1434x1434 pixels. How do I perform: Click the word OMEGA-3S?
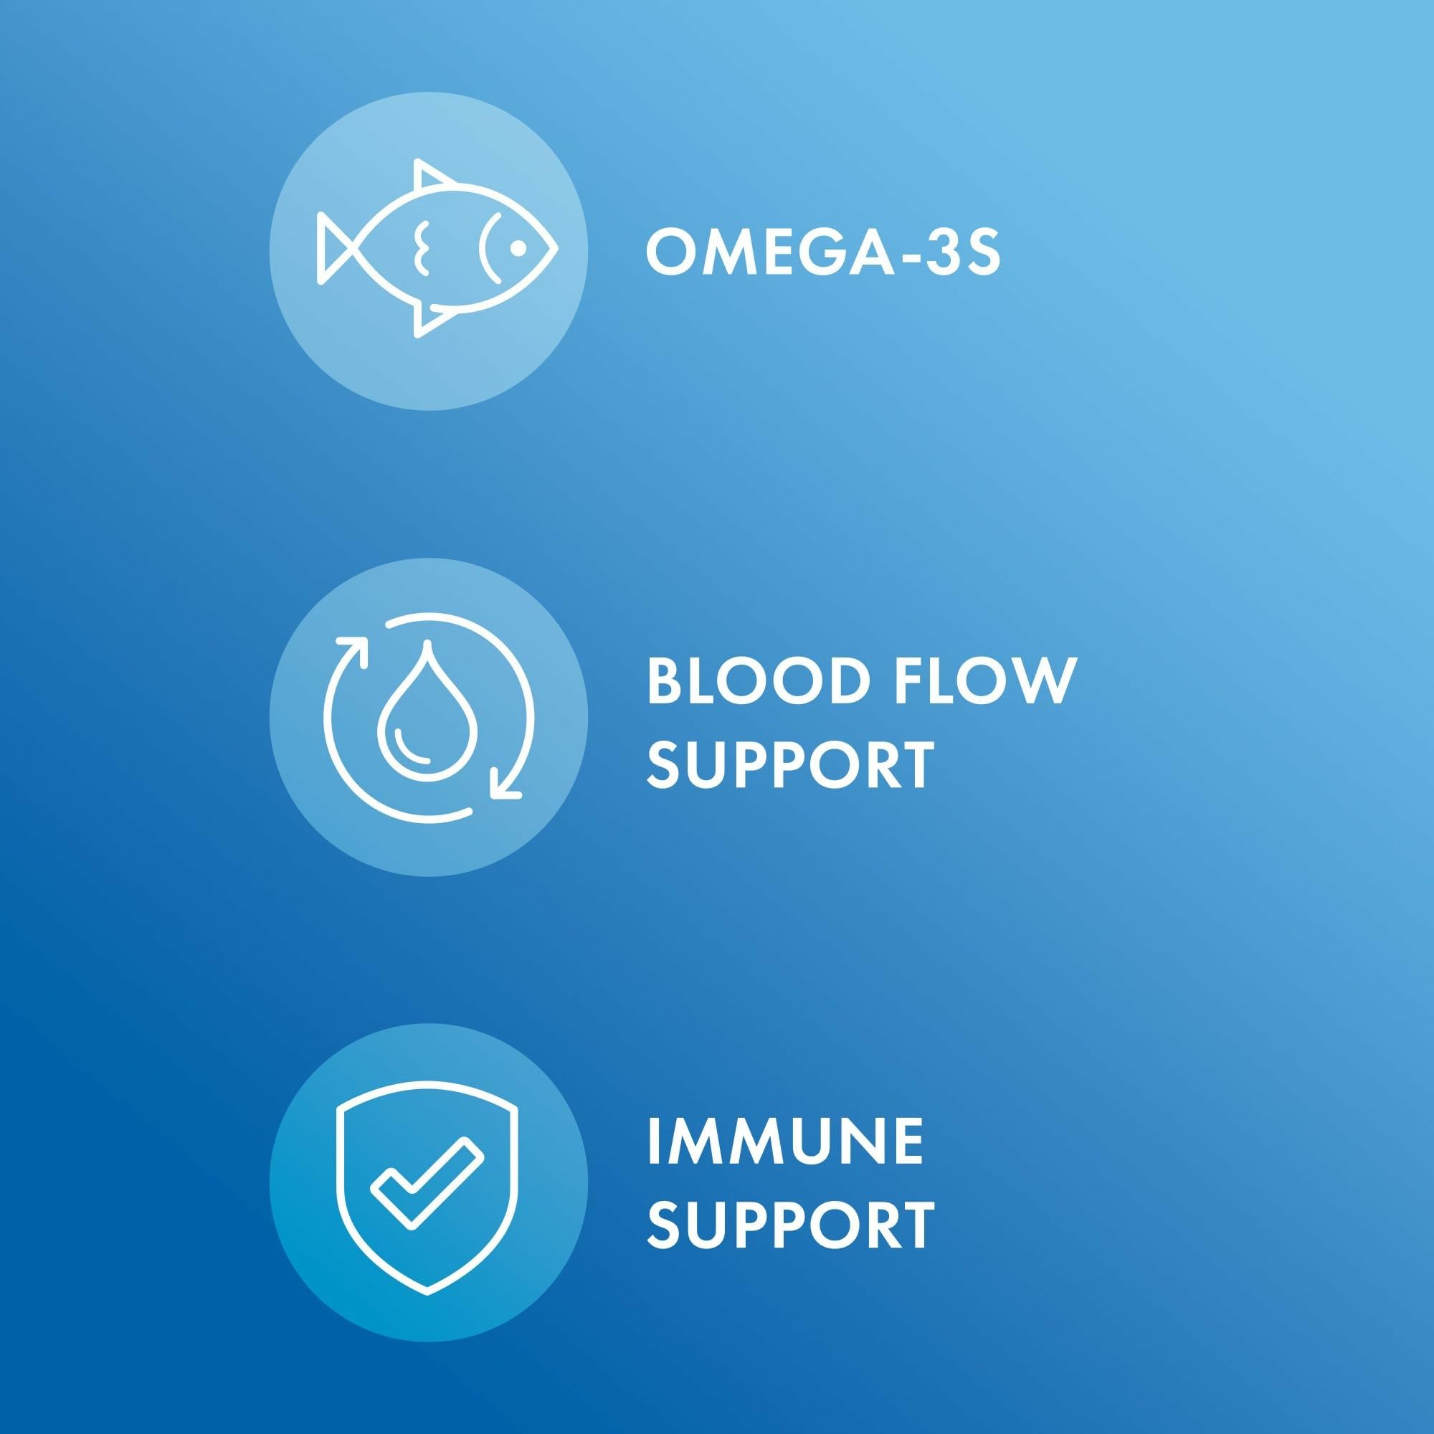click(x=823, y=253)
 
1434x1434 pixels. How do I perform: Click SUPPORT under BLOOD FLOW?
click(x=790, y=766)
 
